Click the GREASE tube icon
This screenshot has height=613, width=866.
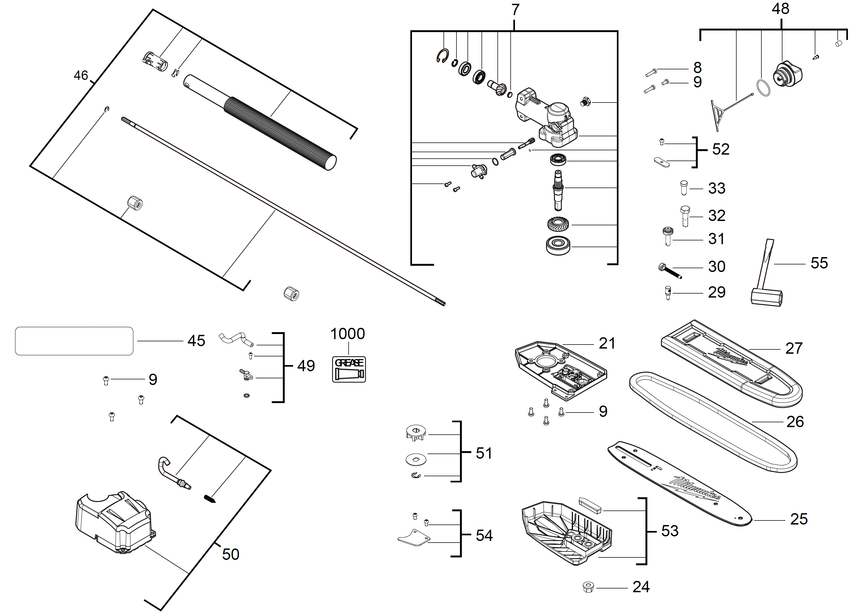coord(349,370)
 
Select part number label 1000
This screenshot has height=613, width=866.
coord(347,334)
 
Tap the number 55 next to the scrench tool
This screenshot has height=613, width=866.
coord(819,263)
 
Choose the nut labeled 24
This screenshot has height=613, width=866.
coord(588,587)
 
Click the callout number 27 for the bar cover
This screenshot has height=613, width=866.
coord(793,348)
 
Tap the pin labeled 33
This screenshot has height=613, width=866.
coord(684,188)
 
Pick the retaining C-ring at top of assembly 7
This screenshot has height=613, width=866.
coord(442,56)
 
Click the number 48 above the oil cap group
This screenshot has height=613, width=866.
coord(780,9)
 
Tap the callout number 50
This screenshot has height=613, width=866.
coord(231,554)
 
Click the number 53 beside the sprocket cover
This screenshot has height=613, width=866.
coord(669,531)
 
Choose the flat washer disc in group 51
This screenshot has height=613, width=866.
coord(416,459)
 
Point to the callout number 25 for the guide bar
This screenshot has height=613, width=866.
coord(799,519)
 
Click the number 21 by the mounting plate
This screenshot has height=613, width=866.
coord(607,343)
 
